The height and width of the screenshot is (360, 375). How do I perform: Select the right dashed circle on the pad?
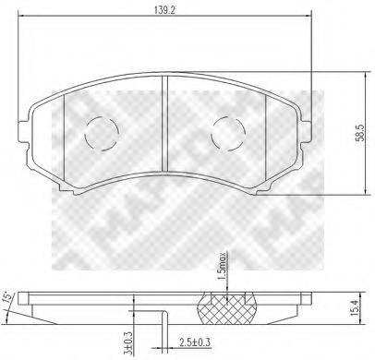click(227, 134)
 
